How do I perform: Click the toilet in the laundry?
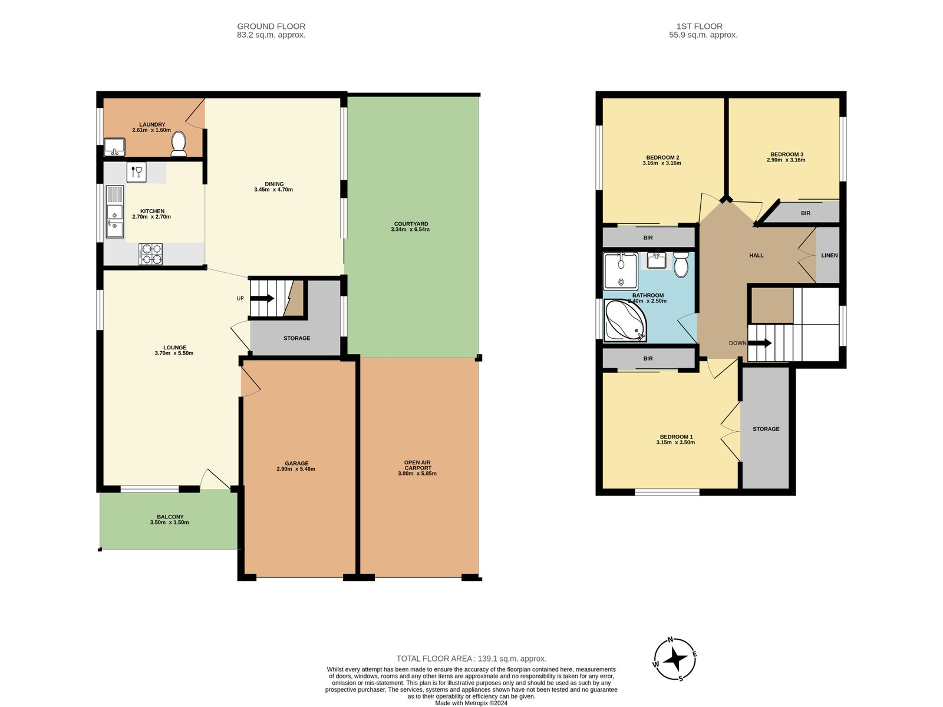(178, 144)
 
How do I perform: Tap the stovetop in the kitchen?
(150, 254)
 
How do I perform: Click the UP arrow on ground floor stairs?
(263, 298)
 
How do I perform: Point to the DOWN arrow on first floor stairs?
(760, 343)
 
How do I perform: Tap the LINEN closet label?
(829, 255)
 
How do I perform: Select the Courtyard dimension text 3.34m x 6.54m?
(410, 229)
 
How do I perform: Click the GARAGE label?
(296, 463)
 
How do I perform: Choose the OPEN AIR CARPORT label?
(417, 465)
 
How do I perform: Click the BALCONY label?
(170, 517)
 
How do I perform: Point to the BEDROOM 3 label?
(786, 154)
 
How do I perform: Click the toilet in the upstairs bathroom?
(681, 265)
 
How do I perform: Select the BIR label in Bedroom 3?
(805, 213)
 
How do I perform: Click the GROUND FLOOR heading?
(271, 26)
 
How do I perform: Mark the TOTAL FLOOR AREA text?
(471, 659)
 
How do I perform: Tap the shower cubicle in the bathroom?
(621, 271)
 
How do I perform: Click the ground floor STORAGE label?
(296, 338)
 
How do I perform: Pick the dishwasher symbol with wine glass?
(136, 173)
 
